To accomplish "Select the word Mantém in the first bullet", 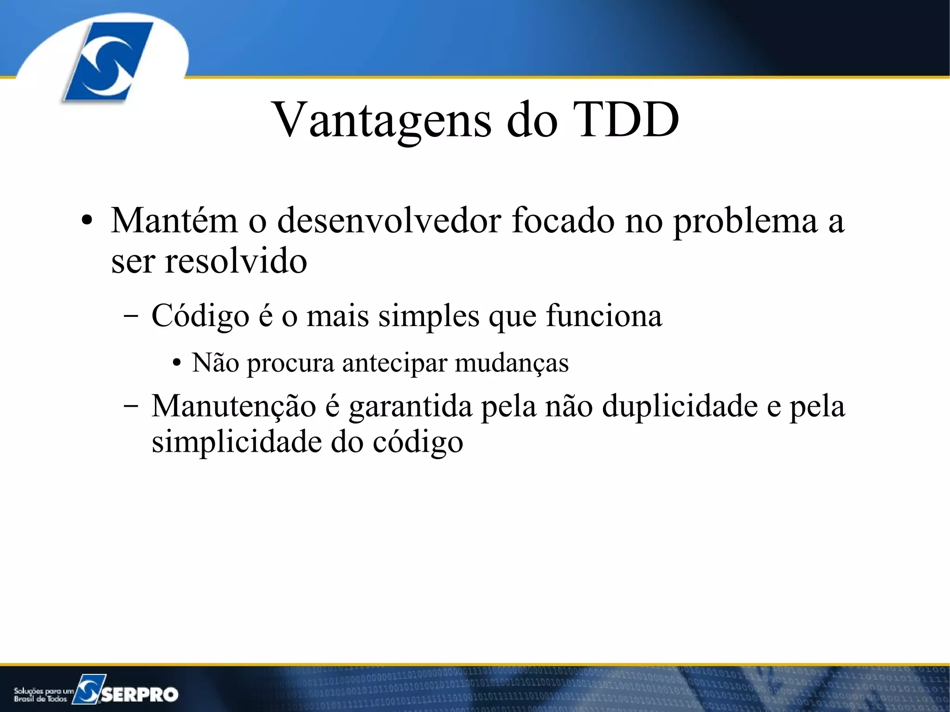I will (x=174, y=221).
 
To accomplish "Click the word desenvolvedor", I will (x=389, y=221).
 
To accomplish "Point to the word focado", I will (x=563, y=221).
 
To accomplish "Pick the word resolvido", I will (x=236, y=261).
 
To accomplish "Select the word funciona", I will (x=604, y=316).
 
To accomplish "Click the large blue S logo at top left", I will (x=108, y=61).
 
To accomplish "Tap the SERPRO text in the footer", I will (x=140, y=694).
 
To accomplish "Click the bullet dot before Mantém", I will (x=86, y=222).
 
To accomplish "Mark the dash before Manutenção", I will (x=131, y=405).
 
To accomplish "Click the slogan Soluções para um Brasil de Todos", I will (x=43, y=695).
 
